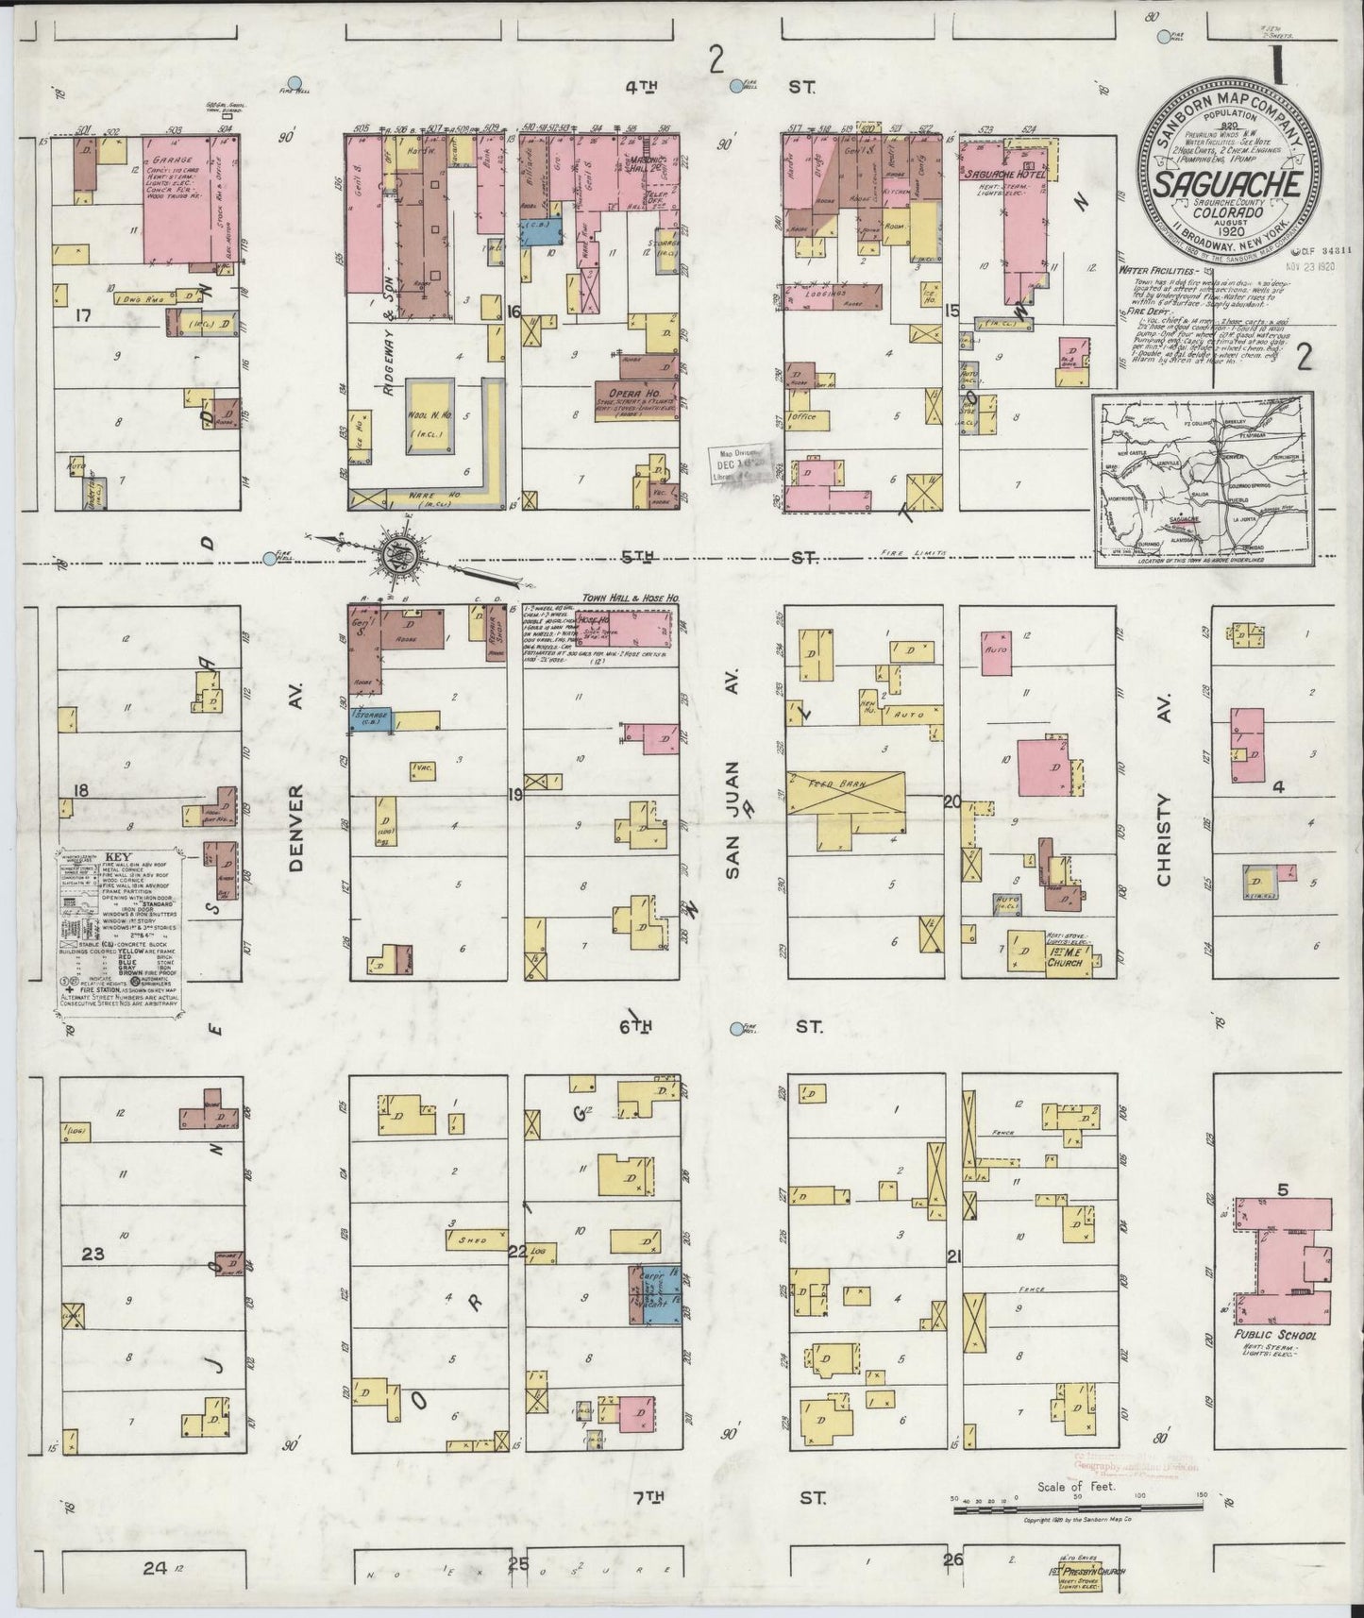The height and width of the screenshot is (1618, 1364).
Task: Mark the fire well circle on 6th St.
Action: pyautogui.click(x=739, y=1028)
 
